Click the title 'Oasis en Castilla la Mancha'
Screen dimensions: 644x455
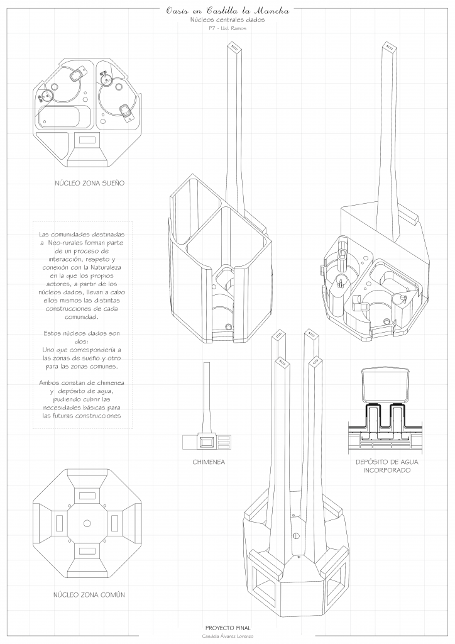tap(227, 10)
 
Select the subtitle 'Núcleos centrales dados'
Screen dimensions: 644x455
tap(227, 21)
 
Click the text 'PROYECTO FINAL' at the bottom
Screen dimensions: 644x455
tap(227, 628)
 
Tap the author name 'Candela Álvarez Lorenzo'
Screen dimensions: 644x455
tap(227, 636)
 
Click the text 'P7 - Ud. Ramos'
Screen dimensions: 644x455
tap(227, 30)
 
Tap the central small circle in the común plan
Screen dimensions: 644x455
tap(87, 523)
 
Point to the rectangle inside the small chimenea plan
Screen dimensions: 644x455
tap(205, 442)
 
